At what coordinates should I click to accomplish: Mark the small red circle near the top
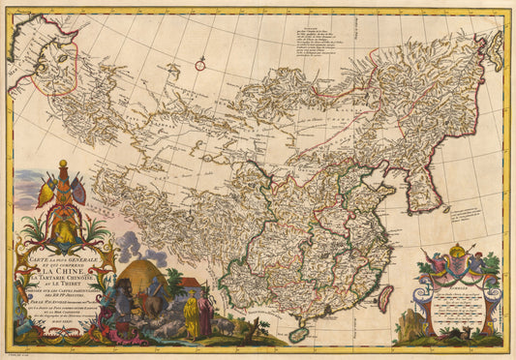[200, 66]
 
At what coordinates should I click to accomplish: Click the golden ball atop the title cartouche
[63, 164]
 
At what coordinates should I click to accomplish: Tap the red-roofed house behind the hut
[190, 285]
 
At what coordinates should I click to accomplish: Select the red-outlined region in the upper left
[53, 73]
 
